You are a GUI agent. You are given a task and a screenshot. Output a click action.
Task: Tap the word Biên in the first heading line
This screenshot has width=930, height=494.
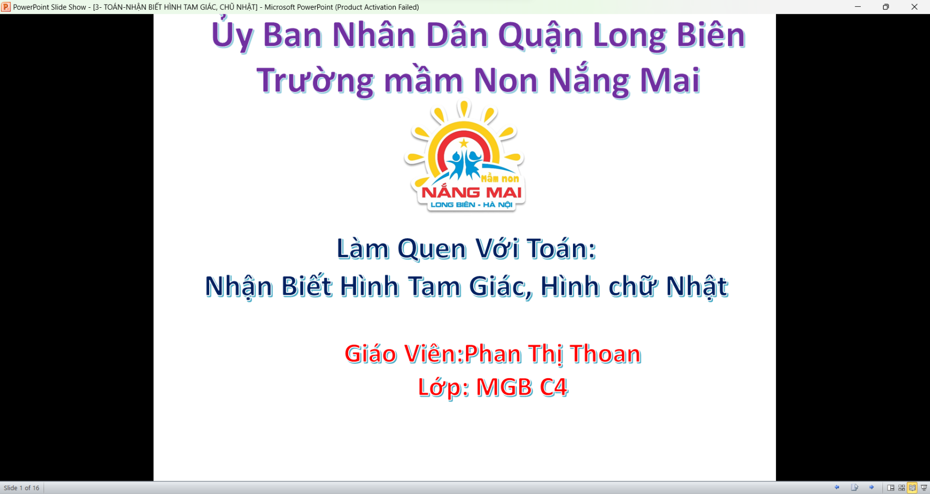[x=711, y=35]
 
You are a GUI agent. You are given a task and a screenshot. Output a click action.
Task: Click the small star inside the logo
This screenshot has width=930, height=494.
[x=464, y=143]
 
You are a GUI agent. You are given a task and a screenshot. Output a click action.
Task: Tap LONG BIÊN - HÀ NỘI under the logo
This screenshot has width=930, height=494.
[x=471, y=205]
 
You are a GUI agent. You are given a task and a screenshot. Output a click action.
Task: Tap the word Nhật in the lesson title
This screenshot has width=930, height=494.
[x=697, y=286]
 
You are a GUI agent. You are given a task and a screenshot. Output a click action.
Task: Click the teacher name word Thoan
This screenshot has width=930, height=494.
[x=606, y=354]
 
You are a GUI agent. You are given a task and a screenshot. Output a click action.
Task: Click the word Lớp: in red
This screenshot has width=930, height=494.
[x=443, y=388]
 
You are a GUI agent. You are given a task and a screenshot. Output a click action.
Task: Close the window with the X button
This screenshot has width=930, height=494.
[x=915, y=7]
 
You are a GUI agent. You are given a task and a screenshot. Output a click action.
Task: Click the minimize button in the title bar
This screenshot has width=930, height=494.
[x=858, y=7]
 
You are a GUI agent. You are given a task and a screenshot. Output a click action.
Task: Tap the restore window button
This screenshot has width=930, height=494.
[x=886, y=7]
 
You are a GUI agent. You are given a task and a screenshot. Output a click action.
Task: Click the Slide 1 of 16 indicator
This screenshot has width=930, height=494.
[x=22, y=488]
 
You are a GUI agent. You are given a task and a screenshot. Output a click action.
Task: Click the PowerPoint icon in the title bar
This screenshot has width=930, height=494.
[x=6, y=7]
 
